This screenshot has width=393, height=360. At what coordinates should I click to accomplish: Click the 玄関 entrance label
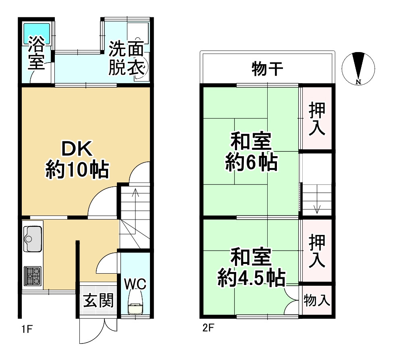click(x=98, y=300)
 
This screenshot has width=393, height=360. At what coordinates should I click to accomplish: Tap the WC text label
click(x=135, y=284)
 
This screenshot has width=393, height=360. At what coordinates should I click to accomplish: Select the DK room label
click(x=77, y=149)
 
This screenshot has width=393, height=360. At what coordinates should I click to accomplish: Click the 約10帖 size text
click(x=77, y=170)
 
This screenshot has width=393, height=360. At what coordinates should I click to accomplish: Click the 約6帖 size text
click(x=251, y=163)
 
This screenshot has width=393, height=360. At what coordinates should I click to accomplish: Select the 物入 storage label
click(x=317, y=300)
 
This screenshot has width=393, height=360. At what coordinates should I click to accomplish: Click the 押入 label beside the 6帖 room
click(x=317, y=119)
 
